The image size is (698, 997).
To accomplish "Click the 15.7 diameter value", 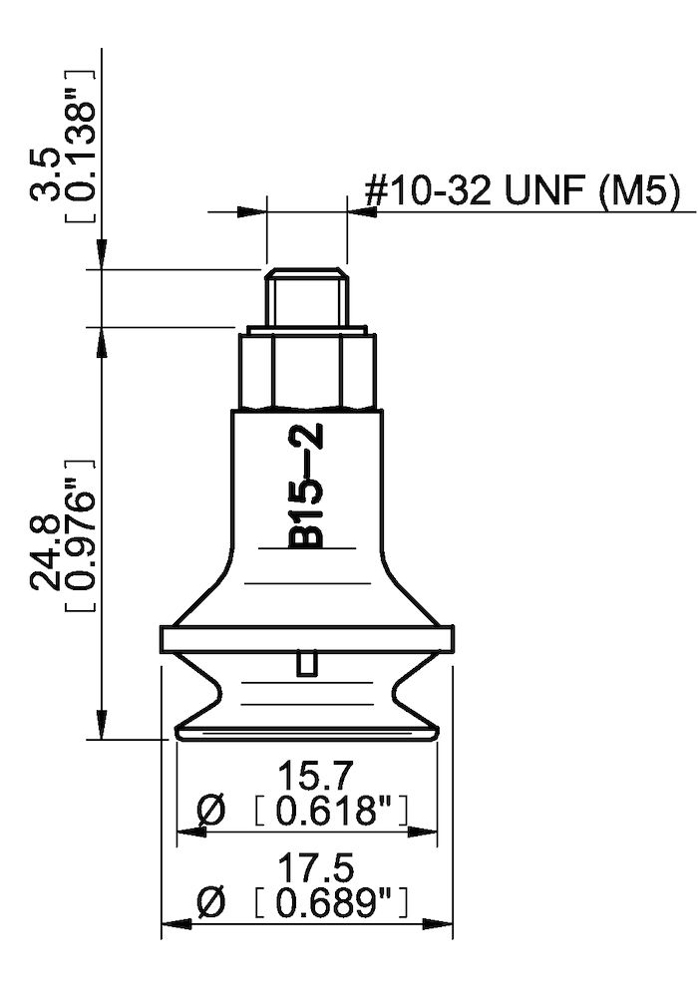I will (307, 775).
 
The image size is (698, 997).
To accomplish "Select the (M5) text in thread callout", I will (639, 191).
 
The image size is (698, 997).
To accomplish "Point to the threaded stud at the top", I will (306, 296).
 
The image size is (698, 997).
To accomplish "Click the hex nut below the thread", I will (306, 371).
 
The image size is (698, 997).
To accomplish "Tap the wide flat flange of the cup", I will (306, 639).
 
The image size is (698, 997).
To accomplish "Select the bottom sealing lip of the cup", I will (306, 733).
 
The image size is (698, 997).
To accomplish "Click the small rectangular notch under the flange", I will (307, 664).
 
